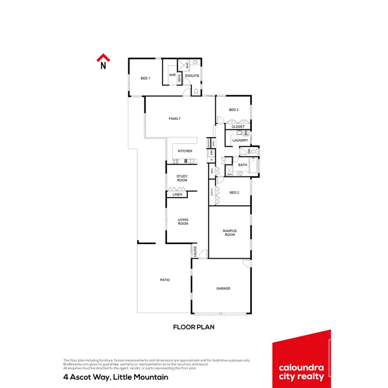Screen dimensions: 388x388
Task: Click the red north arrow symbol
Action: (103, 59)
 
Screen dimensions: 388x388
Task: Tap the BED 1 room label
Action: (145, 78)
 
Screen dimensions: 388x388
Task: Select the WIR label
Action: (172, 75)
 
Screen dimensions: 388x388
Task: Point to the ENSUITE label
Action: (192, 76)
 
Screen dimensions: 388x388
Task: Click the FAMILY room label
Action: (175, 119)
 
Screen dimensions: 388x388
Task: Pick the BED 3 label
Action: (234, 110)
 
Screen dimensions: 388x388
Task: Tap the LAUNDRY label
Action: (240, 140)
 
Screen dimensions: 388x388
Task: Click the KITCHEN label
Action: (185, 151)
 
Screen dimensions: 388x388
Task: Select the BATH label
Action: (242, 165)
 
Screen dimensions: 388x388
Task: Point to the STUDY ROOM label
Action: (182, 178)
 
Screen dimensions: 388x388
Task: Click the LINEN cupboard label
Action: (177, 195)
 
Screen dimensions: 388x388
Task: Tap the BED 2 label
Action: (234, 192)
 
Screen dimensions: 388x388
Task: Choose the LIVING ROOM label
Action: (183, 222)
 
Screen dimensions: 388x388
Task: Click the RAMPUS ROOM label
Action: (230, 232)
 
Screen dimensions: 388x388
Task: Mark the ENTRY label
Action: (195, 252)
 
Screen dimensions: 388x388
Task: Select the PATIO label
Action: (165, 280)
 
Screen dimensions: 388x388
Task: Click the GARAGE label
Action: (223, 288)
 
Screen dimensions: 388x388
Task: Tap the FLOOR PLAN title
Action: (193, 327)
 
